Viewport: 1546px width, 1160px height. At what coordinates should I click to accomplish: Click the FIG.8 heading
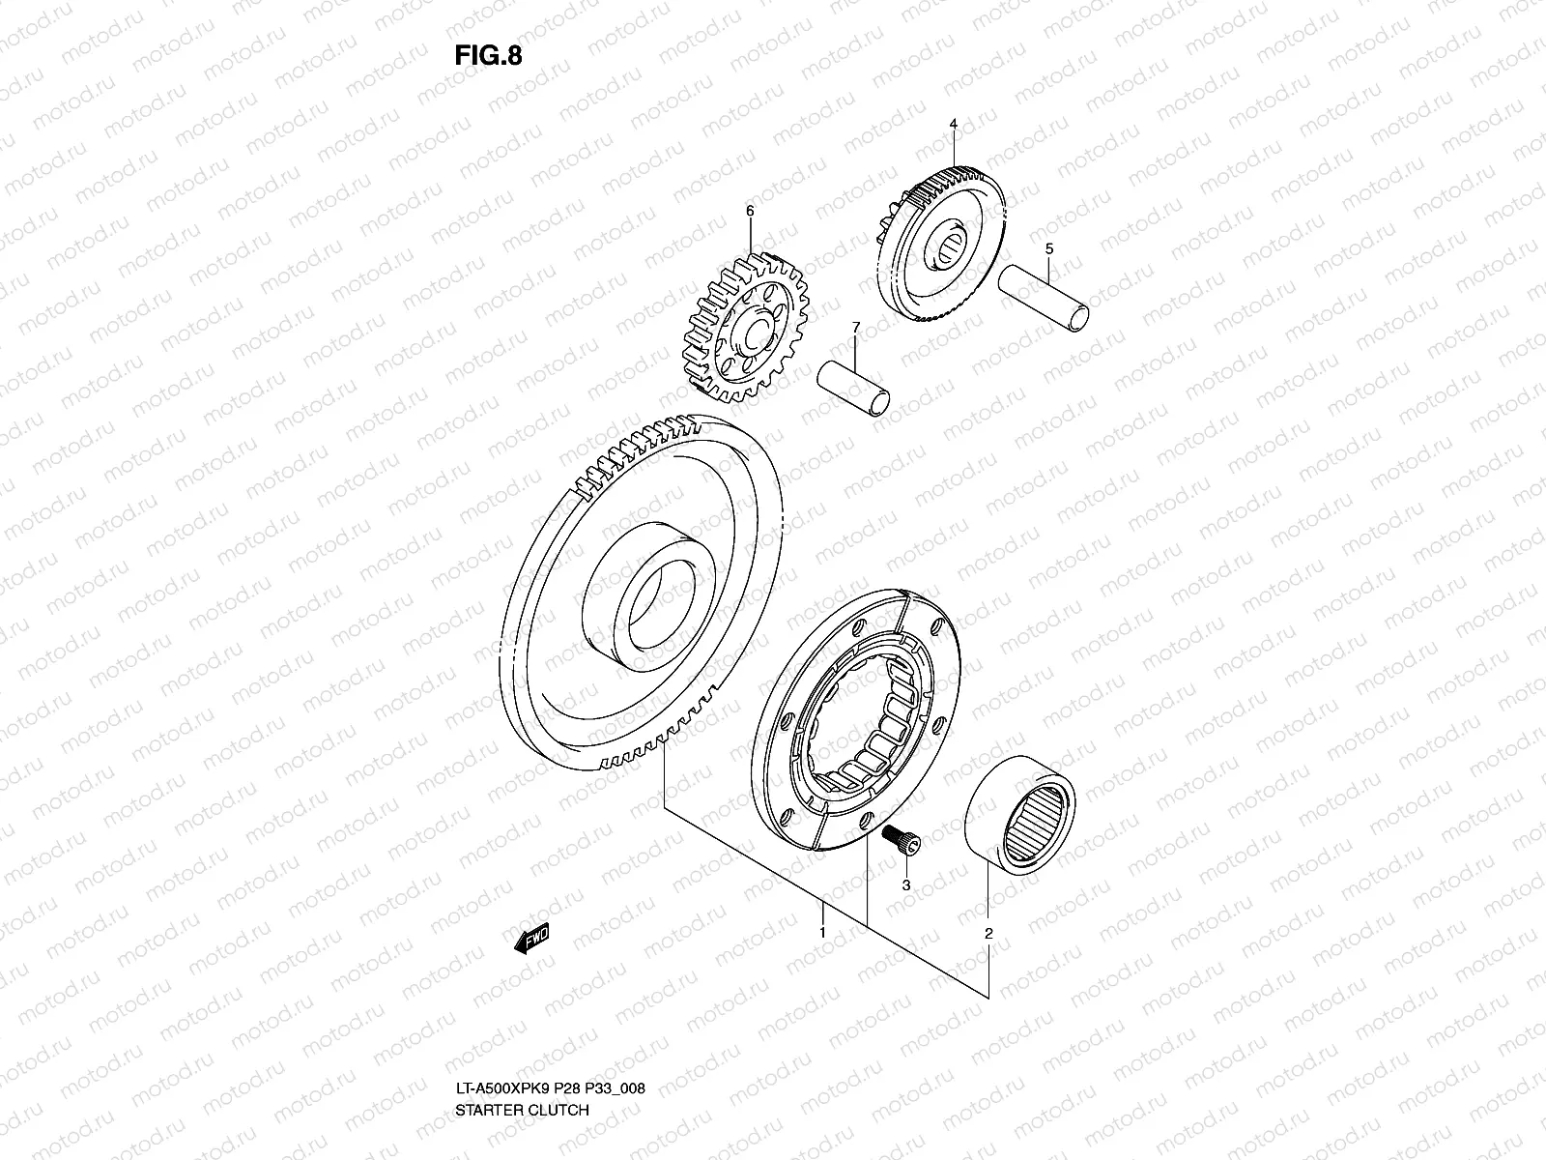[487, 55]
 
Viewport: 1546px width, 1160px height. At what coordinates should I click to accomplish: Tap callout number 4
[953, 125]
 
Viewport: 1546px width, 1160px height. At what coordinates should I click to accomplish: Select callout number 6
[749, 210]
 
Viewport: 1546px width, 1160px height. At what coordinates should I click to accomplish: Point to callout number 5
[1049, 248]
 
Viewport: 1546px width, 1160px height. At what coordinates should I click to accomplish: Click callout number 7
[854, 331]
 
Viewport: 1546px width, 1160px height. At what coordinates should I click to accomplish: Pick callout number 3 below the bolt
[906, 884]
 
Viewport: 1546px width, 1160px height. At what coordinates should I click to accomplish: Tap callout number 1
[822, 933]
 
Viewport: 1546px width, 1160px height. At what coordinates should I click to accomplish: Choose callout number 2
[988, 934]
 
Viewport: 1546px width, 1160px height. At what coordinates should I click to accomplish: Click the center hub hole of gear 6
[749, 334]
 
